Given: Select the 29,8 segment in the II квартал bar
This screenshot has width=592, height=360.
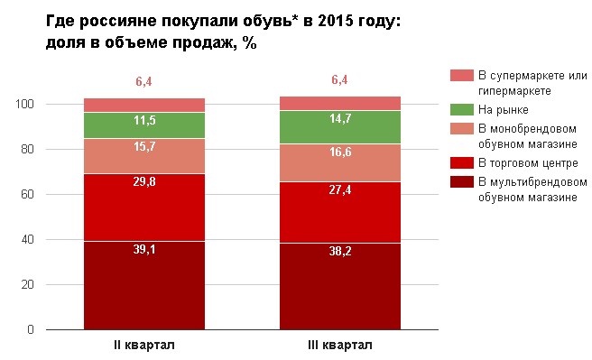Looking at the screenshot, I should tap(144, 208).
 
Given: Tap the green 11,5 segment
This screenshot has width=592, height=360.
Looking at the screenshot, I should tap(144, 125).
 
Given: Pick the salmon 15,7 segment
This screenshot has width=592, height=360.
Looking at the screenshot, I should tap(144, 156).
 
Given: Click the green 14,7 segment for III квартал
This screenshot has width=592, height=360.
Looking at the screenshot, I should tap(340, 127).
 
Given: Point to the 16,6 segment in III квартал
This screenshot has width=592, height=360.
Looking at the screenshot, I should tap(340, 162).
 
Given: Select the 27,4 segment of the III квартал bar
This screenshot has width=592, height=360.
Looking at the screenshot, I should tap(340, 212).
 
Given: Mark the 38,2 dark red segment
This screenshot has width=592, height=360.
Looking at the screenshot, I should tap(340, 287).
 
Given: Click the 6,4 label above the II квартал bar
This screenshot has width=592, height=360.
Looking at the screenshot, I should tap(144, 82).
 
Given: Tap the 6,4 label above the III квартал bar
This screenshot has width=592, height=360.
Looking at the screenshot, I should tap(340, 80).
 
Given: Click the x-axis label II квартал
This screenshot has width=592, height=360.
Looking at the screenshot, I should tap(144, 346).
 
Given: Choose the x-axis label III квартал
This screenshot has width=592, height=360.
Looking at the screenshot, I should tap(340, 346).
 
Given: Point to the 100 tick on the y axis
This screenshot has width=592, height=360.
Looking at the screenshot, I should tap(25, 105).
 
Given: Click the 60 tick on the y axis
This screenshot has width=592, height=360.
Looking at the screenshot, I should tap(29, 195).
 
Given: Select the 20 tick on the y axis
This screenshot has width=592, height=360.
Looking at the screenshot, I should tap(29, 285).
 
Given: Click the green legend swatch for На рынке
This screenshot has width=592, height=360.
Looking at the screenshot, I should tap(461, 109).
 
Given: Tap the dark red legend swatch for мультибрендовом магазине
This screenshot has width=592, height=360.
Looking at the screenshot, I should tap(461, 181).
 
